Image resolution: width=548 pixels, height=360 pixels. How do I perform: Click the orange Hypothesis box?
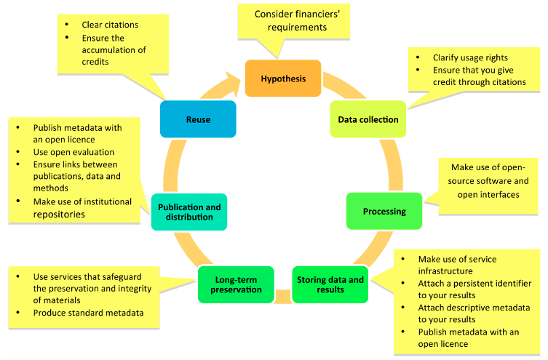pyautogui.click(x=283, y=79)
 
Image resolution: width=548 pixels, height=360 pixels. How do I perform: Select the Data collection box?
pyautogui.click(x=368, y=119)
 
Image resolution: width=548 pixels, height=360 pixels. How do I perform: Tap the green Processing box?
pyautogui.click(x=384, y=211)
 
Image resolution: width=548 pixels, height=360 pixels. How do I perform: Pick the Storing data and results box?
pyautogui.click(x=330, y=284)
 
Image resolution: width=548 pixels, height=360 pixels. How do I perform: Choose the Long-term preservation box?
pyautogui.click(x=236, y=284)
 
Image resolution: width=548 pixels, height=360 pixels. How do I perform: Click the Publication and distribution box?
pyautogui.click(x=189, y=212)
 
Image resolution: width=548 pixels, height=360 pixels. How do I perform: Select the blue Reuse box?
pyautogui.click(x=198, y=119)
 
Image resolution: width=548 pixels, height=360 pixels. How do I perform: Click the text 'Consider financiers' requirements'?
pyautogui.click(x=297, y=20)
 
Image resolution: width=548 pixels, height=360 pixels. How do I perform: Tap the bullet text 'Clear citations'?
pyautogui.click(x=110, y=25)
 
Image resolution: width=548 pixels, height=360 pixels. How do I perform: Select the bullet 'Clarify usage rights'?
pyautogui.click(x=470, y=57)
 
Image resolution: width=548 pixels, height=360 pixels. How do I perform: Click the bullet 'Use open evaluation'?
pyautogui.click(x=74, y=152)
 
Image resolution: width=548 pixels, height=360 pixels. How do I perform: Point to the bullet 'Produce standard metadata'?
pyautogui.click(x=88, y=313)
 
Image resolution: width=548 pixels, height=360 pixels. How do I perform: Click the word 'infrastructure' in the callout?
pyautogui.click(x=445, y=271)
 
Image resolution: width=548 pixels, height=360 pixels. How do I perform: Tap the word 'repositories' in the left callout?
pyautogui.click(x=59, y=215)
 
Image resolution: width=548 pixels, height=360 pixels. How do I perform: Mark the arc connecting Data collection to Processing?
pyautogui.click(x=394, y=164)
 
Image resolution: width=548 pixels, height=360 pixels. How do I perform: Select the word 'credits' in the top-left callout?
pyautogui.click(x=95, y=62)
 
